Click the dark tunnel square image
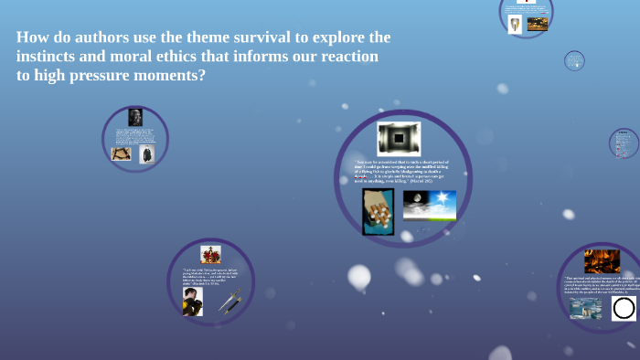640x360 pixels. pos(399,139)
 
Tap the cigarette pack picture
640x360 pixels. pos(378,211)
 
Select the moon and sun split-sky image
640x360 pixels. pos(429,206)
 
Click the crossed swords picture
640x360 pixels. pos(230,302)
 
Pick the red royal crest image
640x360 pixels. pos(210,254)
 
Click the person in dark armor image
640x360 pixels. pos(192,302)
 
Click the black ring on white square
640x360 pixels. pos(624,308)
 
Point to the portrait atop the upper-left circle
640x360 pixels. pos(135,117)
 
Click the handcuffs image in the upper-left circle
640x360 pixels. pos(121,154)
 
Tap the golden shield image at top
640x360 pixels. pos(515,25)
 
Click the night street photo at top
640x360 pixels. pos(538,24)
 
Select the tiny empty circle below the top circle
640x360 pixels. pos(574,61)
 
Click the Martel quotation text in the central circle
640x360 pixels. pos(400,172)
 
